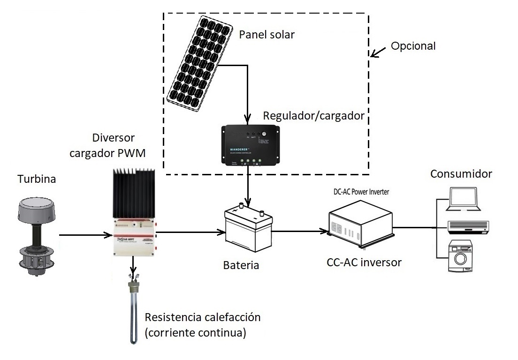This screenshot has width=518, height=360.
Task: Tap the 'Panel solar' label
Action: pos(267,35)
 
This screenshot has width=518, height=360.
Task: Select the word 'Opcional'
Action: pos(413,46)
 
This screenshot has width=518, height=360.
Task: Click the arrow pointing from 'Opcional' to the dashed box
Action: pos(379,51)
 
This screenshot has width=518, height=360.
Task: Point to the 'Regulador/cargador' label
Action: pos(314,115)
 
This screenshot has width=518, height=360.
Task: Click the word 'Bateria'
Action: pos(241,265)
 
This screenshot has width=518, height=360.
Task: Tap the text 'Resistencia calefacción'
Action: pos(203,317)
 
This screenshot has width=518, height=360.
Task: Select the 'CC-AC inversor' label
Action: pos(364,262)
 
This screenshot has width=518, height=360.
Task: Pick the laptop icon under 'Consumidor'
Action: pos(465,199)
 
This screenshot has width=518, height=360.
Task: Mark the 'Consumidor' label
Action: pos(461,174)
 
